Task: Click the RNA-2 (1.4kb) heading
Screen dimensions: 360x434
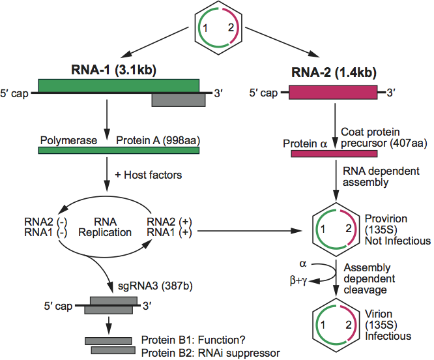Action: coord(334,73)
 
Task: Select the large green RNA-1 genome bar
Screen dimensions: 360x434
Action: coord(119,85)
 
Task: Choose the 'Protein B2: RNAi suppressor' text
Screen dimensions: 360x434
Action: coord(210,352)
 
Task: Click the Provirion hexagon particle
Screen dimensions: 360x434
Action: coord(334,230)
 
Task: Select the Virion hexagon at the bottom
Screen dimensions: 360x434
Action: coord(334,325)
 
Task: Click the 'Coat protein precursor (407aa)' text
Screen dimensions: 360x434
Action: coord(383,138)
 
